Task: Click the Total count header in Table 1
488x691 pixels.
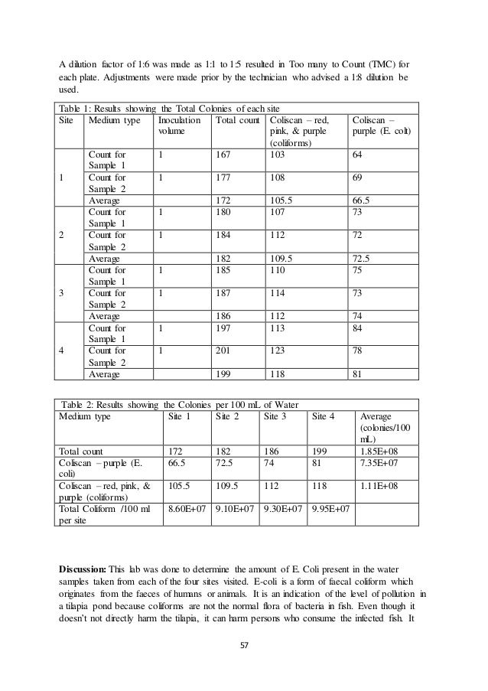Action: (x=236, y=120)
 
